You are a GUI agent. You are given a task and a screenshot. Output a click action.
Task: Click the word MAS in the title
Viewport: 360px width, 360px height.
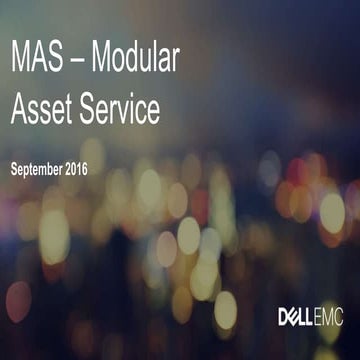[x=37, y=60]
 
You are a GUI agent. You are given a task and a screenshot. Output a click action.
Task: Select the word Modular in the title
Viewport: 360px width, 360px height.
[x=135, y=60]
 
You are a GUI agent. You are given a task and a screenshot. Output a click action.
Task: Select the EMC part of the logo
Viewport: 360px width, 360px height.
[x=331, y=318]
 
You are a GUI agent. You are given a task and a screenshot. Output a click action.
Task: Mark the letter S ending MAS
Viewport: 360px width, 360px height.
[x=56, y=60]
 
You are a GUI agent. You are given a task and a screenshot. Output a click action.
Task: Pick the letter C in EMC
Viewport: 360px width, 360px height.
[x=341, y=318]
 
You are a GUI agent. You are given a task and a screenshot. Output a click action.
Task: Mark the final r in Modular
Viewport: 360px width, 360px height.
[x=175, y=62]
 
